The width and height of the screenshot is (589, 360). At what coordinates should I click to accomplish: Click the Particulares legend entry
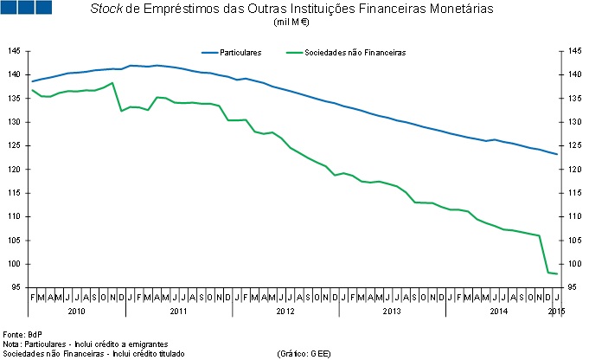[242, 53]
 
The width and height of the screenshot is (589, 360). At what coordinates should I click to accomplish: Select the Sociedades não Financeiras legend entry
[355, 53]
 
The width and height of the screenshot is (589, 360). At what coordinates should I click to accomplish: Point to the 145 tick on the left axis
[15, 51]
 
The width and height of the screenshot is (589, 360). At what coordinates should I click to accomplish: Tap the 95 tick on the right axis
[573, 288]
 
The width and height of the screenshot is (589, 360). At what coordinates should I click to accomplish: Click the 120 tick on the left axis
[15, 170]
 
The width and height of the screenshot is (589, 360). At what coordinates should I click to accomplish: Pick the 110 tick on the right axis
[573, 217]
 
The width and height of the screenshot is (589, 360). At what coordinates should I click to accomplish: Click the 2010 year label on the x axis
[77, 310]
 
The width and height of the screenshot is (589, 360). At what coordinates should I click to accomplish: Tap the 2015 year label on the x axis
[557, 310]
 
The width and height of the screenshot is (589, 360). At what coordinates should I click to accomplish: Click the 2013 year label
[391, 310]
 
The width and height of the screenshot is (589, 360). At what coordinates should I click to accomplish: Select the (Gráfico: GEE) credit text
[304, 353]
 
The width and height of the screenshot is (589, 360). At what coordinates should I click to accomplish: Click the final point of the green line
[557, 273]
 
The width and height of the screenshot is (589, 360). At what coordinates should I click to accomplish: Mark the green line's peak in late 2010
[112, 83]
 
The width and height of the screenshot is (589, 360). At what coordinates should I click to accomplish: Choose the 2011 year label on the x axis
[179, 310]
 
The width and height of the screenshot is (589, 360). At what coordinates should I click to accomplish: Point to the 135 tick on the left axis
[15, 99]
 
